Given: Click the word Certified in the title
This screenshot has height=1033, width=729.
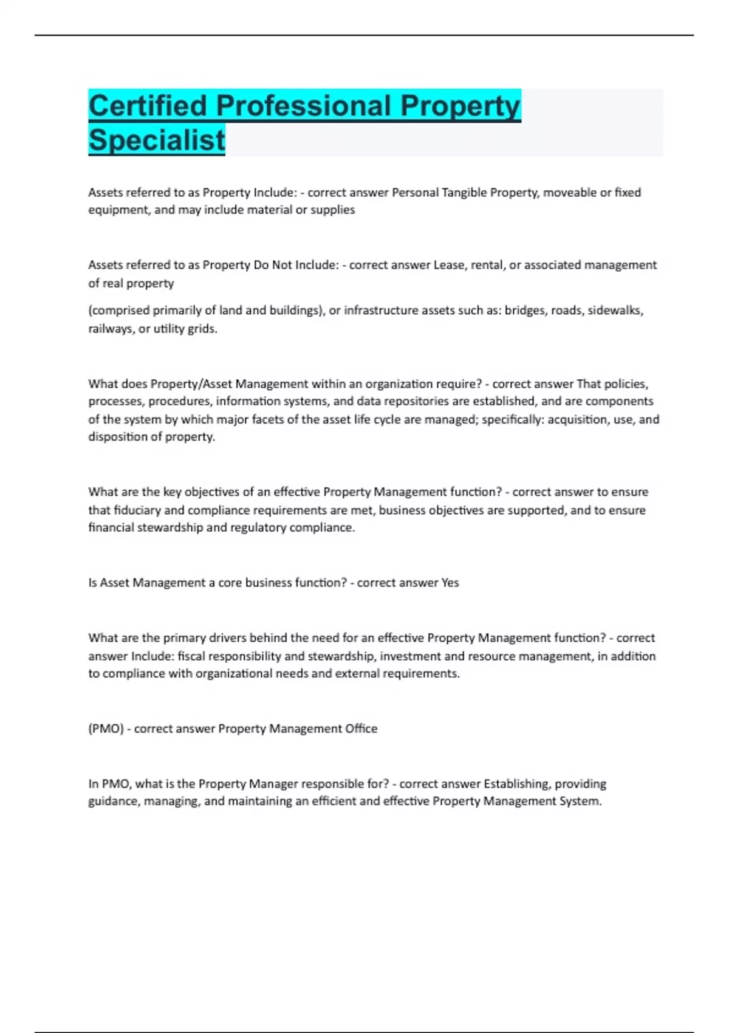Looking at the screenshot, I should (x=148, y=106).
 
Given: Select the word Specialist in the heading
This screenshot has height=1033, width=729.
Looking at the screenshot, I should (x=157, y=140).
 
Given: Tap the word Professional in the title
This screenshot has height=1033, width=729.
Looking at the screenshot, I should (x=303, y=106).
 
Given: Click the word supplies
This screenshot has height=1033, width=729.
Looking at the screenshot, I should (x=333, y=210).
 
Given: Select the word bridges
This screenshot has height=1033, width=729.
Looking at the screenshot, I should (x=524, y=311).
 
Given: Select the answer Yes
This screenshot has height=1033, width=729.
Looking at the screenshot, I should (x=450, y=583).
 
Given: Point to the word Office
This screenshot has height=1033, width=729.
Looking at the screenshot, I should (x=361, y=729).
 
